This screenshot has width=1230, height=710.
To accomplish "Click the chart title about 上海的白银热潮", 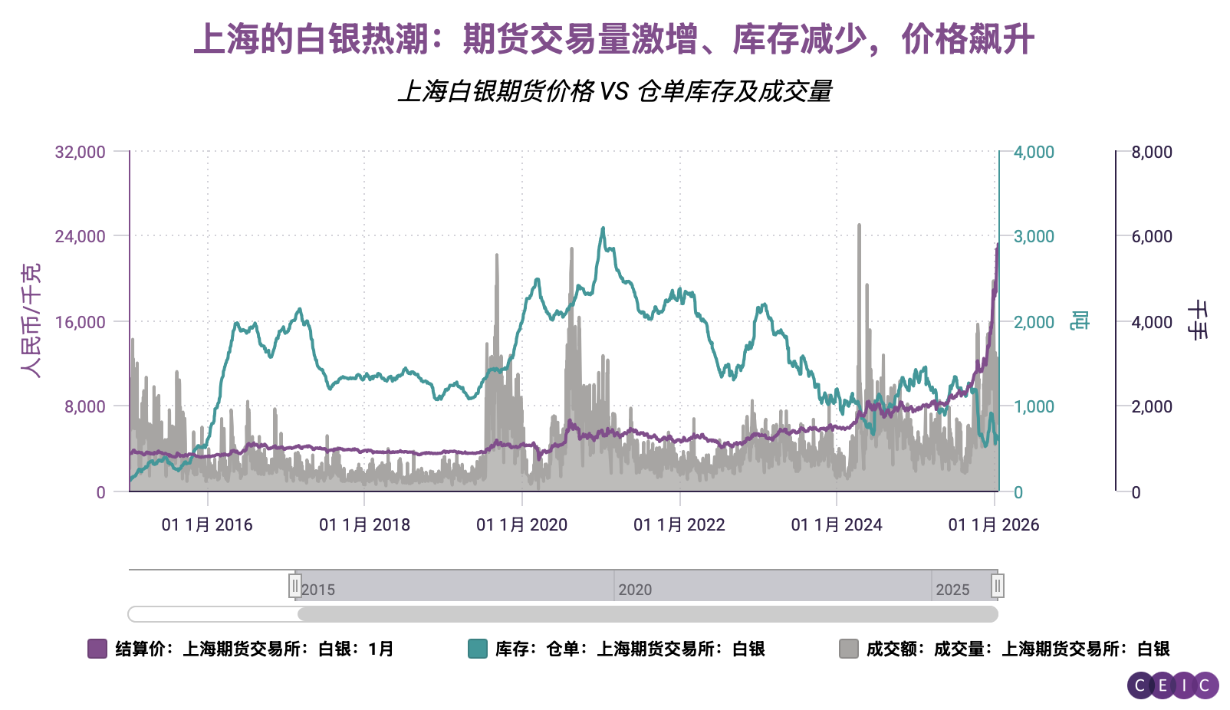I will [x=614, y=39].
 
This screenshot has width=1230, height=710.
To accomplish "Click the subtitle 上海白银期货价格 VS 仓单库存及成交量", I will [x=614, y=91].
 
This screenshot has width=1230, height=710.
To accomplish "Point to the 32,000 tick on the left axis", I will [x=80, y=152].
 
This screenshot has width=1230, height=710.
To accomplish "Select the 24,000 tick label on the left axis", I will [x=80, y=236].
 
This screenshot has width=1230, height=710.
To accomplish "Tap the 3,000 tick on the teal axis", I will [x=1034, y=236].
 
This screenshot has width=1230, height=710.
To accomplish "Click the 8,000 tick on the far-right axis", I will [x=1152, y=152].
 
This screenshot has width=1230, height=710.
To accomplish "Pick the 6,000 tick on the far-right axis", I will [x=1152, y=236].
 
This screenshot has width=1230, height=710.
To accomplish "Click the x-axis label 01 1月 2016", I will [x=207, y=525].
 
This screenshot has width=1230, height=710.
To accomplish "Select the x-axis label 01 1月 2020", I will [x=521, y=525].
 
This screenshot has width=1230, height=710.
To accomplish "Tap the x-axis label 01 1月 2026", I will [x=994, y=525].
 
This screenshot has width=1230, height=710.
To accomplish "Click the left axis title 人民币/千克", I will [x=31, y=320].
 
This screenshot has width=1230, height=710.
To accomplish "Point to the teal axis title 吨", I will [x=1080, y=320].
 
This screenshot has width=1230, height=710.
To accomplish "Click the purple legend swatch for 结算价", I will [x=97, y=649].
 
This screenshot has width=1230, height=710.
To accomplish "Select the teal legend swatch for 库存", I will [x=478, y=649].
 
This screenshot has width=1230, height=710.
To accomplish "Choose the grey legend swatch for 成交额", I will [x=849, y=649].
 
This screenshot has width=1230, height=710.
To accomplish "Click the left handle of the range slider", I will [x=295, y=587].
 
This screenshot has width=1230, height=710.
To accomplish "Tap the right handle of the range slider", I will [x=997, y=587].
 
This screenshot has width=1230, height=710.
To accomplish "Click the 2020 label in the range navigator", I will [x=635, y=590].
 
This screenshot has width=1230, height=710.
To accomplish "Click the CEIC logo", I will [x=1172, y=685].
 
